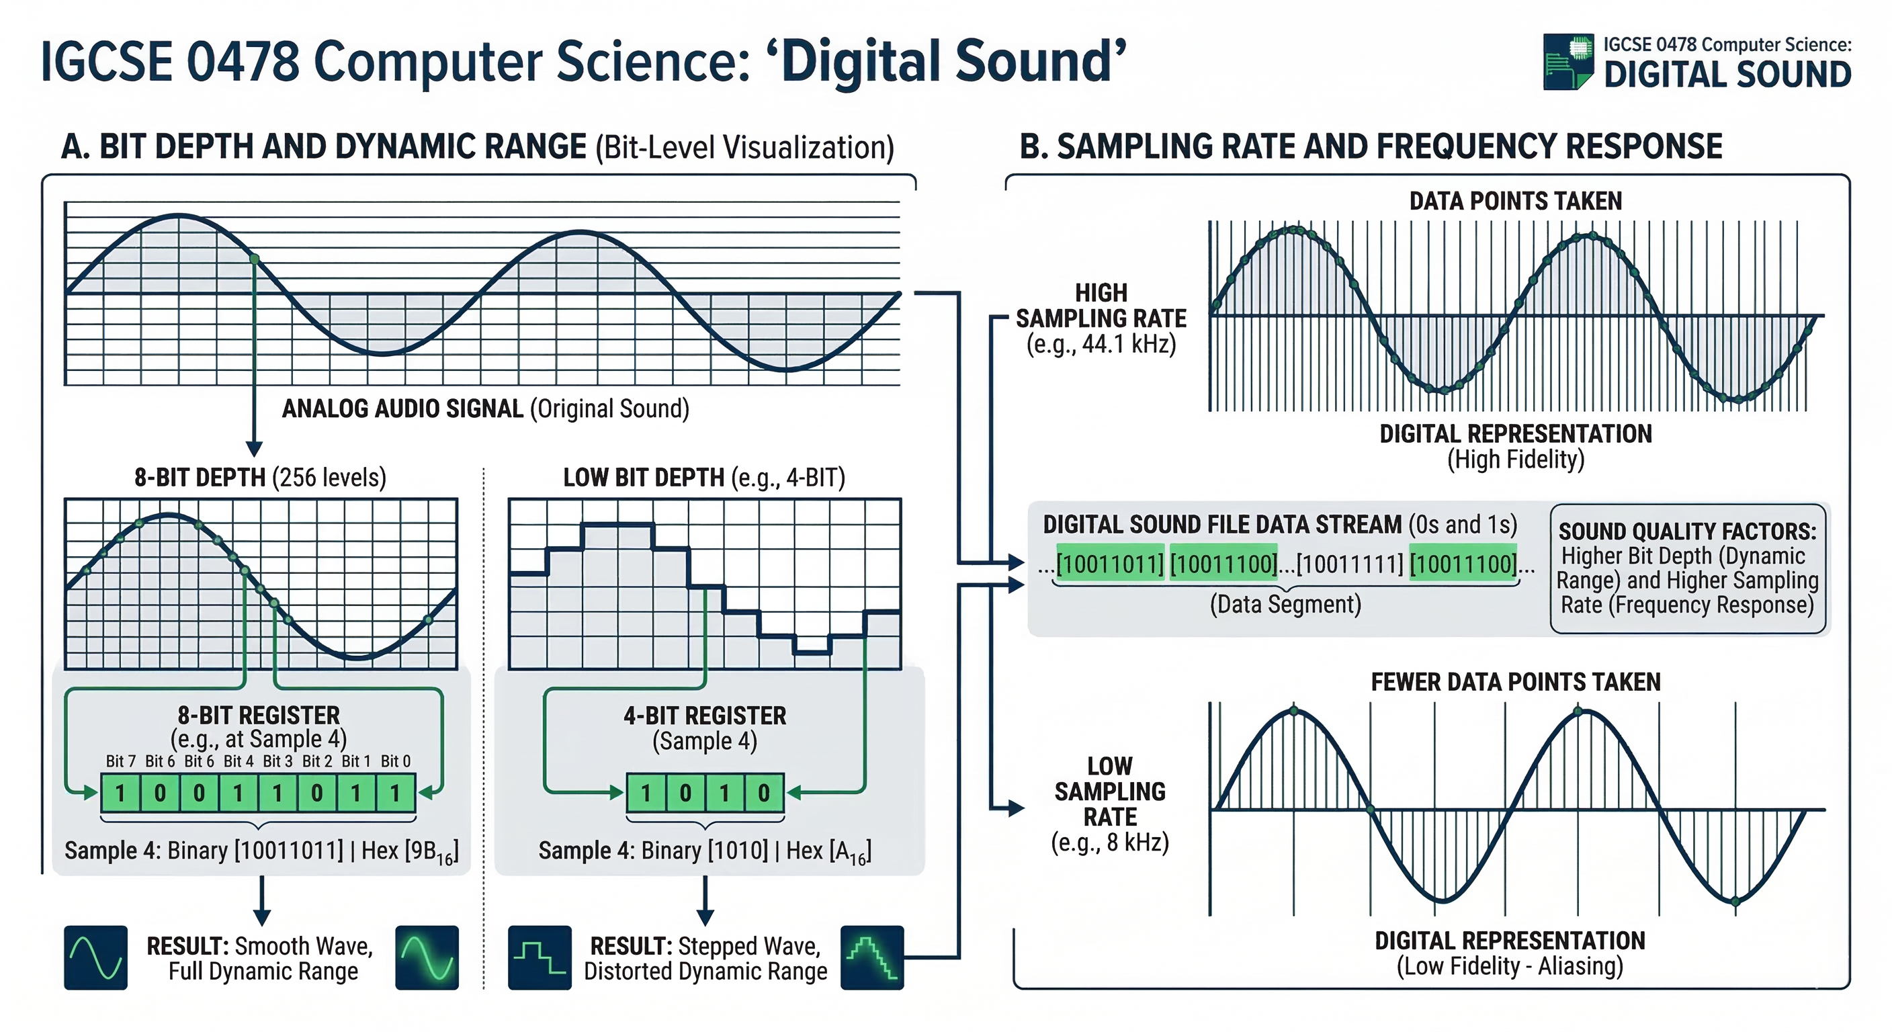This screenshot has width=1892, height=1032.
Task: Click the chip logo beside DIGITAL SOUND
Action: [1568, 62]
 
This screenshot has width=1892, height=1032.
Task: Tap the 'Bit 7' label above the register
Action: [120, 761]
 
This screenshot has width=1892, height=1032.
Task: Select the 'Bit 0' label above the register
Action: [395, 761]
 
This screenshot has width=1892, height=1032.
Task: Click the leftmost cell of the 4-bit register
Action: [646, 793]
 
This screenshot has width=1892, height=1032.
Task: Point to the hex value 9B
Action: [433, 851]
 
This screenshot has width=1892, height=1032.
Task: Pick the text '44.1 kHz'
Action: [1128, 344]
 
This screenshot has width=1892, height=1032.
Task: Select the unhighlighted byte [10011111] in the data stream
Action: [1349, 564]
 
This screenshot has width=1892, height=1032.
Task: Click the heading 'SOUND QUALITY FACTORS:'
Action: [1687, 531]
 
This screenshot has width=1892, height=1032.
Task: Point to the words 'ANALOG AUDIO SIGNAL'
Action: [402, 408]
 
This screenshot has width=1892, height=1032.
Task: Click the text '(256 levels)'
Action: [329, 478]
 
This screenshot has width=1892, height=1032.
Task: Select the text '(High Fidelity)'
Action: [1515, 460]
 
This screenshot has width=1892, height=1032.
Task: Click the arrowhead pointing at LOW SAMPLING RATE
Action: [1017, 808]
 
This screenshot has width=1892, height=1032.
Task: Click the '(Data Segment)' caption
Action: [1285, 605]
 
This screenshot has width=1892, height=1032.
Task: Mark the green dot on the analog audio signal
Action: [254, 259]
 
